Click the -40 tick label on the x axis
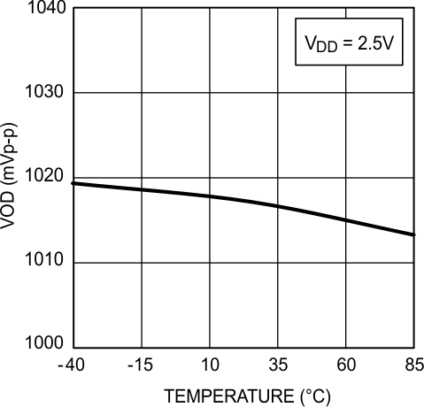click(x=71, y=365)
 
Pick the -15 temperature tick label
click(x=140, y=365)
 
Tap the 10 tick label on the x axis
click(x=210, y=365)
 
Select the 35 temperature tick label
click(x=278, y=365)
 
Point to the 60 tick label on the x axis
click(x=346, y=365)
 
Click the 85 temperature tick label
click(x=414, y=365)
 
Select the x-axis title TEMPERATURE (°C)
click(x=243, y=395)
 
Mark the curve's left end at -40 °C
click(x=73, y=183)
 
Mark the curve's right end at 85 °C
click(x=414, y=235)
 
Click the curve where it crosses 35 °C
click(x=278, y=206)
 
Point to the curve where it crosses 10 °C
click(x=210, y=196)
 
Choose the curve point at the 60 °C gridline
click(x=346, y=220)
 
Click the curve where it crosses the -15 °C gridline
click(x=141, y=189)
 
